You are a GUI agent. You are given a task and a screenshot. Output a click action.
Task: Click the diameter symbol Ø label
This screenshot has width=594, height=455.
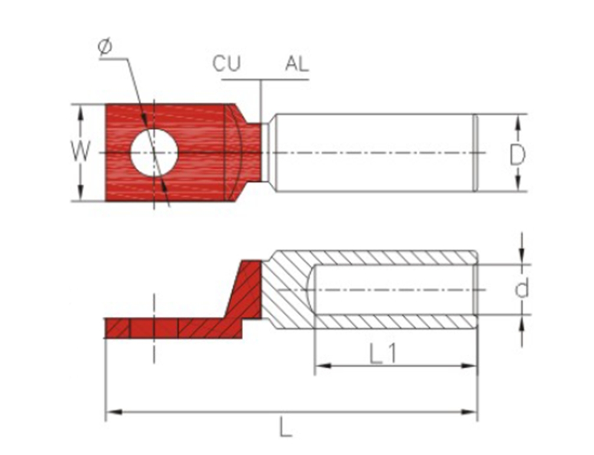pos(105,47)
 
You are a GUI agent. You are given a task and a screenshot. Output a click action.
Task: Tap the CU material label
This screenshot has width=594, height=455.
pos(227,64)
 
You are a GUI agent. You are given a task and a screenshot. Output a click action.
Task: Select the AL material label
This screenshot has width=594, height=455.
pos(297,64)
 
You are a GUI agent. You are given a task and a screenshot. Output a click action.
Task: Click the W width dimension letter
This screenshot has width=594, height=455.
pos(81,151)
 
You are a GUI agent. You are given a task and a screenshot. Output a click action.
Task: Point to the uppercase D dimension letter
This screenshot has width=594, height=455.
pos(517,155)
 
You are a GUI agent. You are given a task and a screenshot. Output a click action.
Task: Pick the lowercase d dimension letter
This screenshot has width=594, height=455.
pos(521,289)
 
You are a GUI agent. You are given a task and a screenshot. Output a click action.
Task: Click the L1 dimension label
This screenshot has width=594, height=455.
pos(383,354)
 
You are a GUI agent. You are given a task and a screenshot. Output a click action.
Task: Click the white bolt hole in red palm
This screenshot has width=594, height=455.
pos(154,153)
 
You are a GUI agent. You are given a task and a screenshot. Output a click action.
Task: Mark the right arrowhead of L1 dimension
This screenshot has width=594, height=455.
pos(468,365)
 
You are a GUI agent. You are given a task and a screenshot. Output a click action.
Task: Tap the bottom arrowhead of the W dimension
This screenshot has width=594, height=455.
pos(80,192)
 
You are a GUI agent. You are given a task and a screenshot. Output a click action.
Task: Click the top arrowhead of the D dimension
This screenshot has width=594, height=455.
pos(519,122)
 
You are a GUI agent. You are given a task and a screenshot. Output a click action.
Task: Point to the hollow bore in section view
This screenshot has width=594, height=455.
pos(394,290)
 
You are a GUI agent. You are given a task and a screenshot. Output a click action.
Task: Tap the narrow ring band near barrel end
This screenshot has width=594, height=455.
pos(475,153)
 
